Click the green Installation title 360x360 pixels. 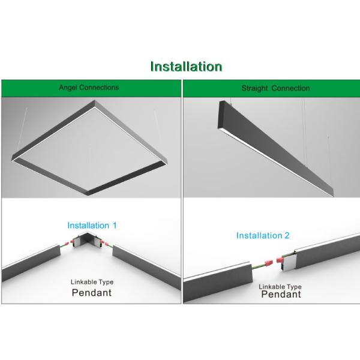(186, 66)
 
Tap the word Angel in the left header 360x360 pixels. (68, 88)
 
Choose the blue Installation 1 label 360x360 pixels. (92, 226)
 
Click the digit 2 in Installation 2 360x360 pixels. (287, 235)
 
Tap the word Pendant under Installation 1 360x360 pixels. (92, 293)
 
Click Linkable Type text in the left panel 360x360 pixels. (92, 282)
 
